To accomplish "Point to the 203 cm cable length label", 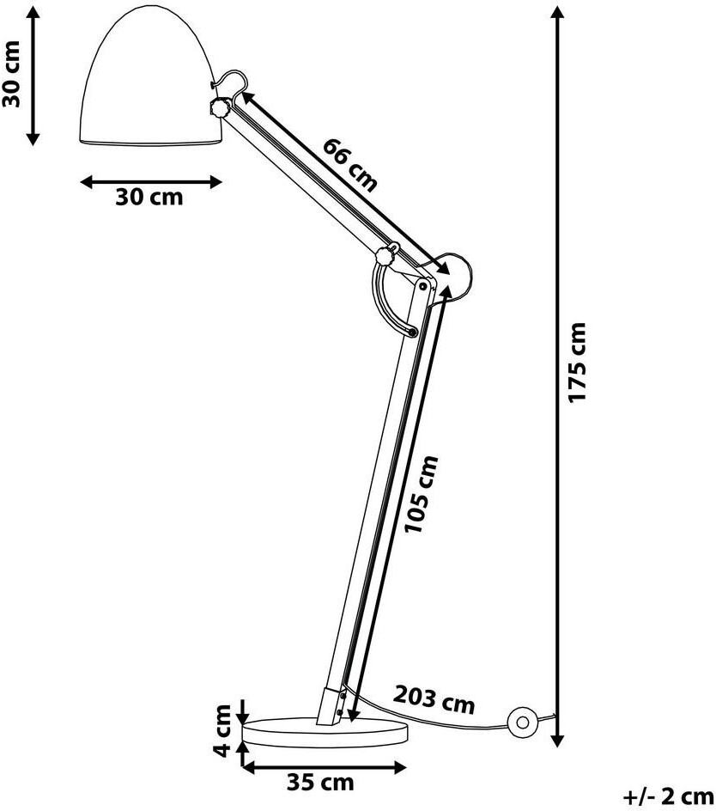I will point(434,700).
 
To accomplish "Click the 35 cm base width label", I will point(319,783).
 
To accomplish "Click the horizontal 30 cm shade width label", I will point(149,197).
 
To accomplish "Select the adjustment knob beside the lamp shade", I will point(218,108).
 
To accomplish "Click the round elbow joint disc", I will point(452,273).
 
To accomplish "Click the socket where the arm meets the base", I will point(333,704).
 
